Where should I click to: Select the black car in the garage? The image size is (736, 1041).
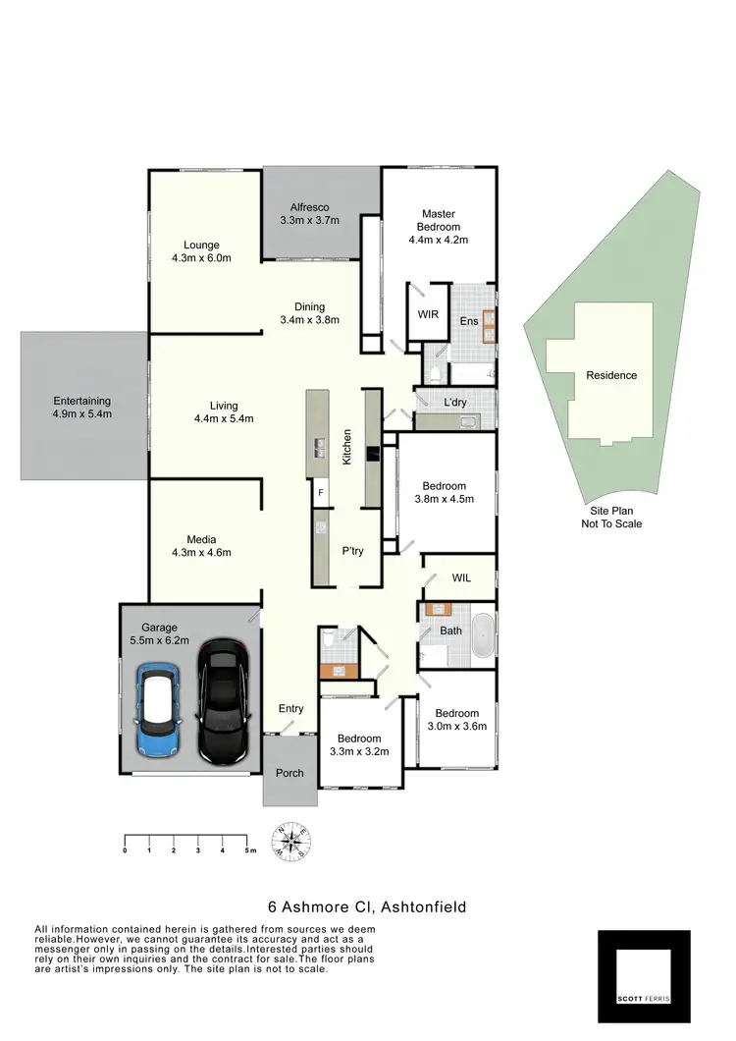point(223,700)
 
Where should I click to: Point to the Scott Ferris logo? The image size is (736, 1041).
point(644,976)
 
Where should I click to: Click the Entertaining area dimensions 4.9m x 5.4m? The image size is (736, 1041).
point(82,414)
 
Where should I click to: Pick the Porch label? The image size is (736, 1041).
point(289,773)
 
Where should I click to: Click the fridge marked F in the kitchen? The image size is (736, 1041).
point(320,492)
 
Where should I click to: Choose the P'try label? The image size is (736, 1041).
point(352,551)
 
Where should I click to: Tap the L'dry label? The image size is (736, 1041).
point(455,403)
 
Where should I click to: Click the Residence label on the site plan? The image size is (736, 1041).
point(611,375)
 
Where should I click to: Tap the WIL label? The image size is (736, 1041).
point(460,578)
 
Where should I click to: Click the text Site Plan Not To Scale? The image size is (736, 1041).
point(611,518)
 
